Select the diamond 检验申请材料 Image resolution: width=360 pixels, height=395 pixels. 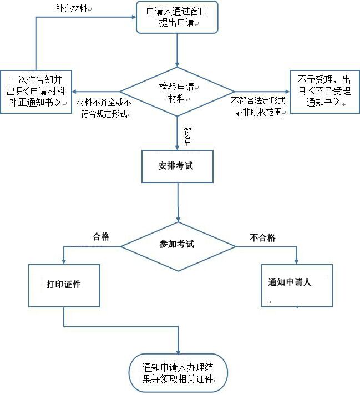[x=177, y=92]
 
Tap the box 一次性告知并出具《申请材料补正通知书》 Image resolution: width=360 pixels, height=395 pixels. [x=37, y=92]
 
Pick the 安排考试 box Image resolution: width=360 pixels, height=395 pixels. [x=178, y=166]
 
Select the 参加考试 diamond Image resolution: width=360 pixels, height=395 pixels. [x=177, y=245]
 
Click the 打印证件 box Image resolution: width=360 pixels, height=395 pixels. [x=64, y=285]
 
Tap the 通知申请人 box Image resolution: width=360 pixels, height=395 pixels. [x=297, y=285]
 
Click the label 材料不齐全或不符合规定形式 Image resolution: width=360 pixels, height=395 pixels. [x=104, y=108]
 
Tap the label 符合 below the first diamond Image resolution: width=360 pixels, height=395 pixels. [x=187, y=136]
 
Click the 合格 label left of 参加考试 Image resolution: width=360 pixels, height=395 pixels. [x=101, y=237]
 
